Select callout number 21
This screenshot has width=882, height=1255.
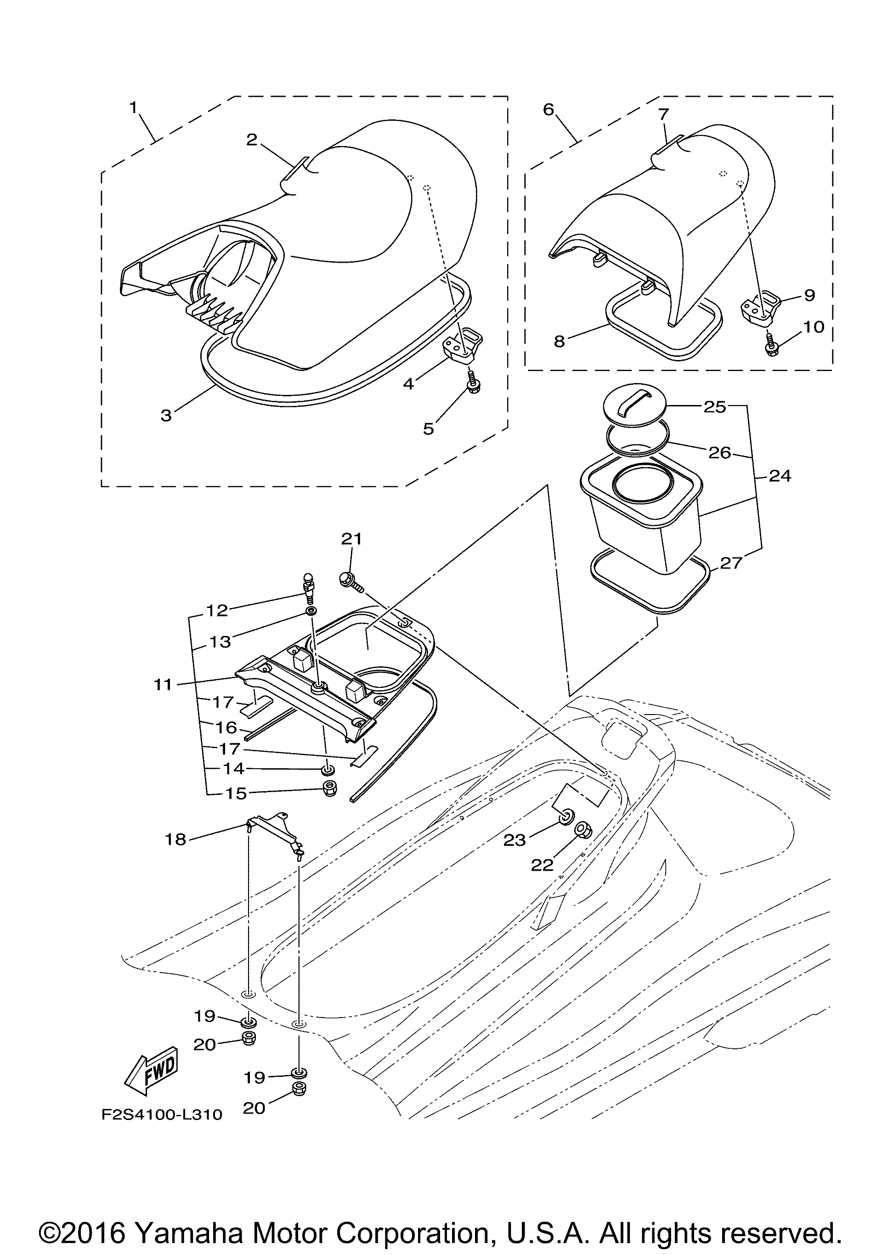point(351,539)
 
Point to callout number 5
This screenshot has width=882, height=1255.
point(429,428)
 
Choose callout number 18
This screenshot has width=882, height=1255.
point(175,839)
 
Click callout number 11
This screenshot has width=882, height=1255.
point(163,684)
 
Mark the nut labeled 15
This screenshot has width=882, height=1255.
point(330,788)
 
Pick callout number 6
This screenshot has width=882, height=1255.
point(548,109)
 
